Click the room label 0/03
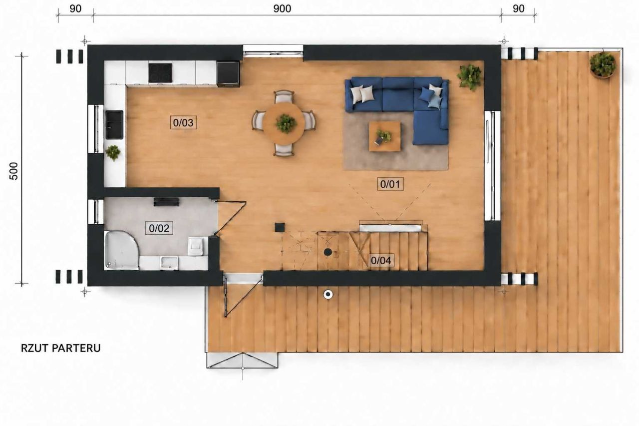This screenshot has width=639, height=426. [x=183, y=123]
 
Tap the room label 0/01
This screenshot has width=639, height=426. [x=390, y=184]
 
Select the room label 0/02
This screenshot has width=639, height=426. [x=159, y=228]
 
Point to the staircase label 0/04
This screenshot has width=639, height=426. [x=381, y=260]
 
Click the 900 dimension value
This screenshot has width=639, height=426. [x=282, y=9]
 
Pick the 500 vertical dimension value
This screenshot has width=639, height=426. [x=13, y=171]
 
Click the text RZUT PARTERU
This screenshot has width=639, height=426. [x=61, y=349]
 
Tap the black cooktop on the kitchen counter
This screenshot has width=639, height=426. [x=160, y=73]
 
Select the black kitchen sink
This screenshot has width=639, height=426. [x=114, y=125]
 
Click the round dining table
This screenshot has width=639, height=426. [x=284, y=123]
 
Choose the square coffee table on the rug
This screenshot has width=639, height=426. [x=384, y=136]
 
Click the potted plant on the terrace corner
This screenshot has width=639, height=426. [x=602, y=65]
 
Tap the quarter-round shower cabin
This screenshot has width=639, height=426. [x=121, y=250]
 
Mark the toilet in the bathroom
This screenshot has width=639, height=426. [x=196, y=246]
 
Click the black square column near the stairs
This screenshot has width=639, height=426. [x=280, y=227]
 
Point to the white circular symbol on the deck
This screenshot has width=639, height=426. [x=328, y=295]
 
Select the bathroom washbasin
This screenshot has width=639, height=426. [x=169, y=263]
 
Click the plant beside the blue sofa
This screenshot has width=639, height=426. [x=470, y=77]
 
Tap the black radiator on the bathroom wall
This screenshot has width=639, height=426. [x=167, y=202]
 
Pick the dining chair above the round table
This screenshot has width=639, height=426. [x=284, y=96]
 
